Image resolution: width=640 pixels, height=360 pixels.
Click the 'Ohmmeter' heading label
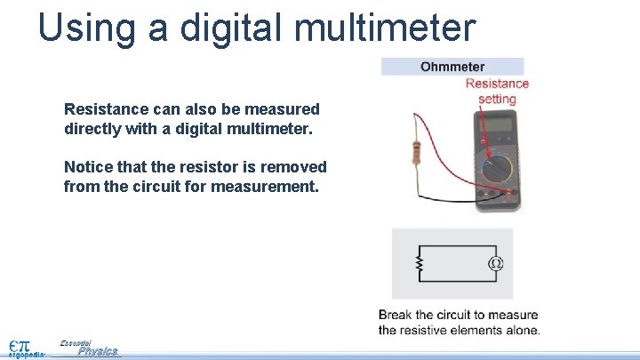pos(452,67)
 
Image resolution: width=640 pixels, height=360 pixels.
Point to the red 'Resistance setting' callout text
pos(497,91)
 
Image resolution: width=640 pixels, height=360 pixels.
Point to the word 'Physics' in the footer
pos(98,352)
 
